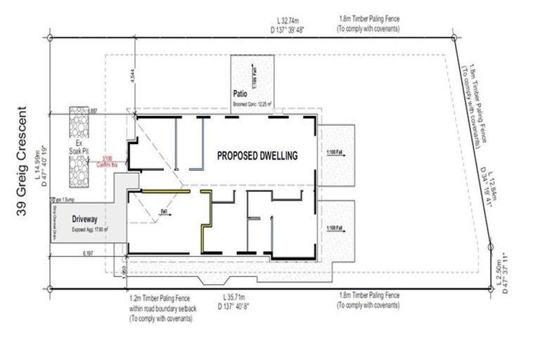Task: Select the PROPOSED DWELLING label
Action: click(257, 155)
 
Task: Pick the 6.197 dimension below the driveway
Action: click(89, 251)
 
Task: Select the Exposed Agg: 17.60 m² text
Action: click(90, 229)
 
